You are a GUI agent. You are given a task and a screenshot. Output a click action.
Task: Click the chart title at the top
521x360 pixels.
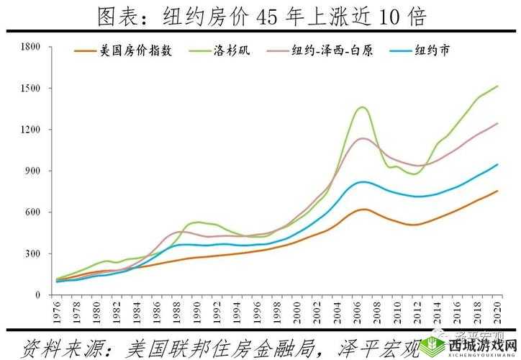coord(260,16)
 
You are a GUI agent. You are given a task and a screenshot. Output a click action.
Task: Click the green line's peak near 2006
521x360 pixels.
coord(362,107)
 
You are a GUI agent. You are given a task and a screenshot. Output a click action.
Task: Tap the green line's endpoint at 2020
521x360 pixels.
coord(498,86)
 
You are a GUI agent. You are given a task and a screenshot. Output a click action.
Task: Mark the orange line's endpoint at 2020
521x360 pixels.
coord(498,191)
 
